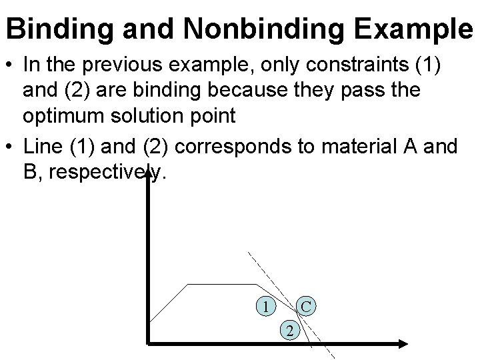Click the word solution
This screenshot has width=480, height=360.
tap(162, 115)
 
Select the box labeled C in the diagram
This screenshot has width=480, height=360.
tap(306, 307)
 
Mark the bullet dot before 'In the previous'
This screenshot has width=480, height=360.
tap(10, 67)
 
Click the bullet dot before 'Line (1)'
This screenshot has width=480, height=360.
tap(10, 148)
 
